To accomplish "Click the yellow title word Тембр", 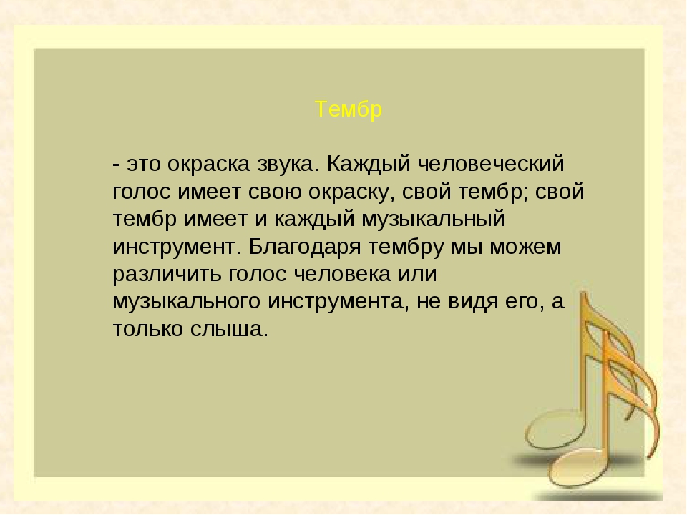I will pos(349,110).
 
